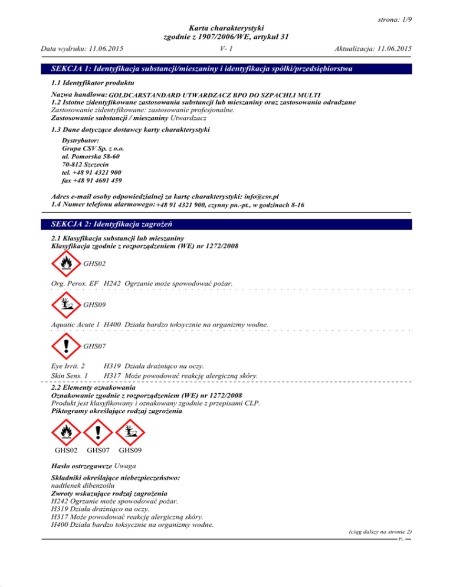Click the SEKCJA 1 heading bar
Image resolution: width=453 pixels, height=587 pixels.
(x=226, y=70)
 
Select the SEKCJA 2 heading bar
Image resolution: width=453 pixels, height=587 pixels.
(x=226, y=224)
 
